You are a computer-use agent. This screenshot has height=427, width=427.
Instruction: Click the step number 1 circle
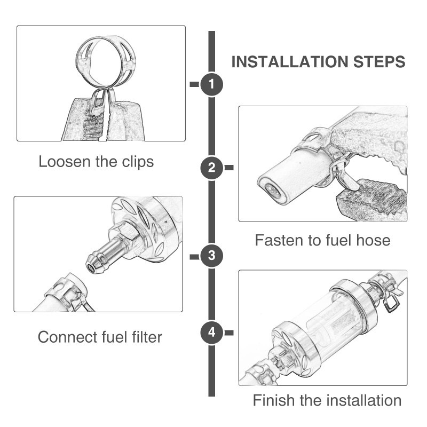pos(211,84)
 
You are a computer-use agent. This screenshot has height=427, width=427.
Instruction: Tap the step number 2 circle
pos(211,168)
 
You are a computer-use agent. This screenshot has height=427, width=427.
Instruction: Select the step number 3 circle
pos(211,256)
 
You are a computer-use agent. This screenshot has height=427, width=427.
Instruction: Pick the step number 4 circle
pos(211,333)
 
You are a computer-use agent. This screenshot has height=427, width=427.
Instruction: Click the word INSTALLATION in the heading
pos(290,62)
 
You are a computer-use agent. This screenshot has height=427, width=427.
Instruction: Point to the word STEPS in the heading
pos(379,62)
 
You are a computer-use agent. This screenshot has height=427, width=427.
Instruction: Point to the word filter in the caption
pos(147,337)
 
